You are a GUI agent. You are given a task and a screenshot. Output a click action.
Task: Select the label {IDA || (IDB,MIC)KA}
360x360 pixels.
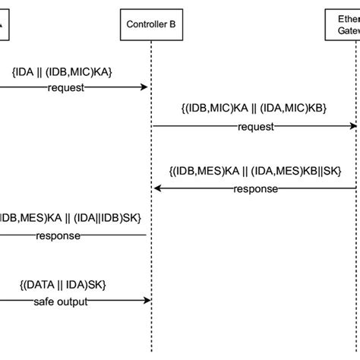[63, 71]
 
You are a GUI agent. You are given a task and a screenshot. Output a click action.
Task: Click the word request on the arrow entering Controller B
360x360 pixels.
[66, 87]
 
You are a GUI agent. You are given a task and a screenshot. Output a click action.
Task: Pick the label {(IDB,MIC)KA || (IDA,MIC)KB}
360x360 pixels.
[254, 109]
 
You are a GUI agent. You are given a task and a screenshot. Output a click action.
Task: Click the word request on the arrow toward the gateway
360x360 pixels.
[256, 127]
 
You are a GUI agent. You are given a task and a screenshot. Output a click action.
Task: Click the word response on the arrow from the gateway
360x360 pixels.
[256, 189]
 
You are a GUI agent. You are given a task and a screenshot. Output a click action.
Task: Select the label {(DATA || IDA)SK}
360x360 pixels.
[64, 283]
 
